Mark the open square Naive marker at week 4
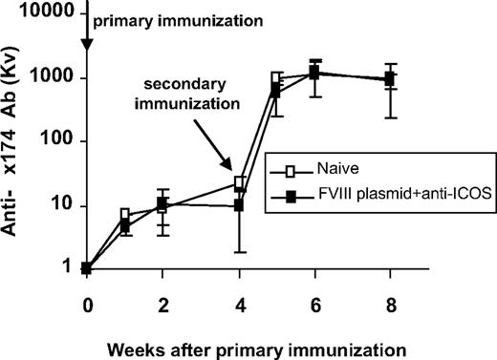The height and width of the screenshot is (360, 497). pos(242,182)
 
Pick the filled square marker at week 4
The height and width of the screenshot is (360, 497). pos(242,205)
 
